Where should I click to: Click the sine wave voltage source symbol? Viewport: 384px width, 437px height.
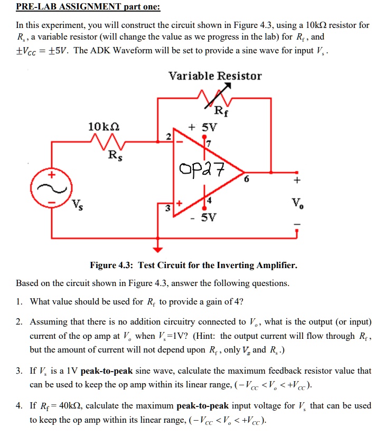[x=52, y=187]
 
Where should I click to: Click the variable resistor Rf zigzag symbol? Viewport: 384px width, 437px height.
[x=214, y=98]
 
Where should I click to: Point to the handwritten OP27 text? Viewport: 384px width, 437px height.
[x=202, y=170]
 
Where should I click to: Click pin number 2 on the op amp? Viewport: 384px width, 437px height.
[x=167, y=137]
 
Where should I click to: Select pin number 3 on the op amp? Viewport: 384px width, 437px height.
[x=167, y=208]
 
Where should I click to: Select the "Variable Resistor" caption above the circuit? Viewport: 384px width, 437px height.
[x=215, y=76]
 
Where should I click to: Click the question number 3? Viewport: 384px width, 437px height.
[x=19, y=371]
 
